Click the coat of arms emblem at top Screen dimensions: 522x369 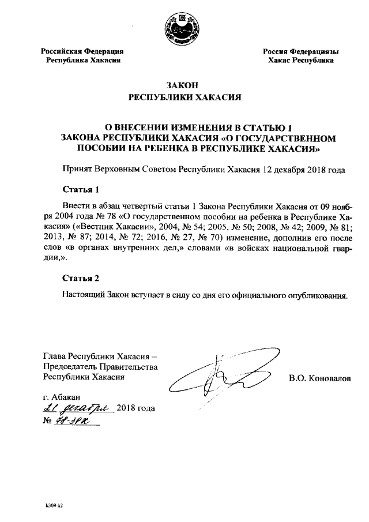183,27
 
